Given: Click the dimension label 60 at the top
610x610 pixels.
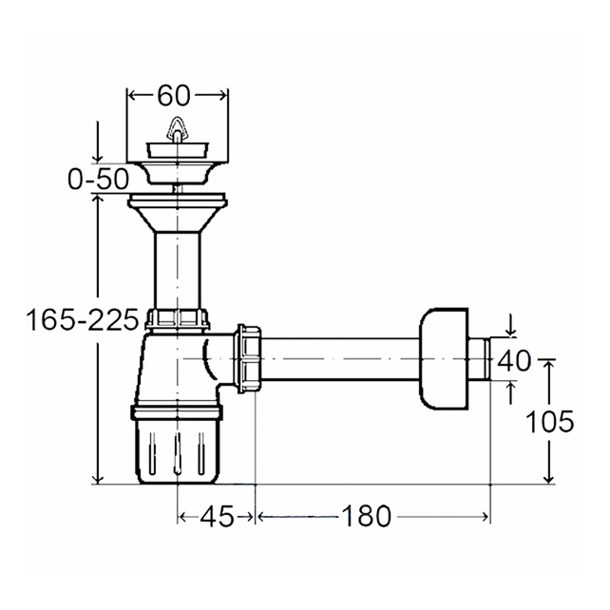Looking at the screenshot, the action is [x=174, y=96].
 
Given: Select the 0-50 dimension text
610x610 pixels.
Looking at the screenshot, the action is [x=98, y=180].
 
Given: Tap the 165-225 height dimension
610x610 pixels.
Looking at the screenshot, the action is [x=83, y=320].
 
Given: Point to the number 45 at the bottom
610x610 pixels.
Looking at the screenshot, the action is [x=217, y=517].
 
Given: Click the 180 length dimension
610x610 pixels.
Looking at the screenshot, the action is [x=366, y=517].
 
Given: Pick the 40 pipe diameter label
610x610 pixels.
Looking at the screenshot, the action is [x=514, y=360].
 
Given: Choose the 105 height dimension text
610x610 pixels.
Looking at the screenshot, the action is [x=549, y=421].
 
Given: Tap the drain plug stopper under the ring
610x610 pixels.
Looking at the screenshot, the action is [x=177, y=150].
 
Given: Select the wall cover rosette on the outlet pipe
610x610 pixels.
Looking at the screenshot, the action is [x=444, y=358].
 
